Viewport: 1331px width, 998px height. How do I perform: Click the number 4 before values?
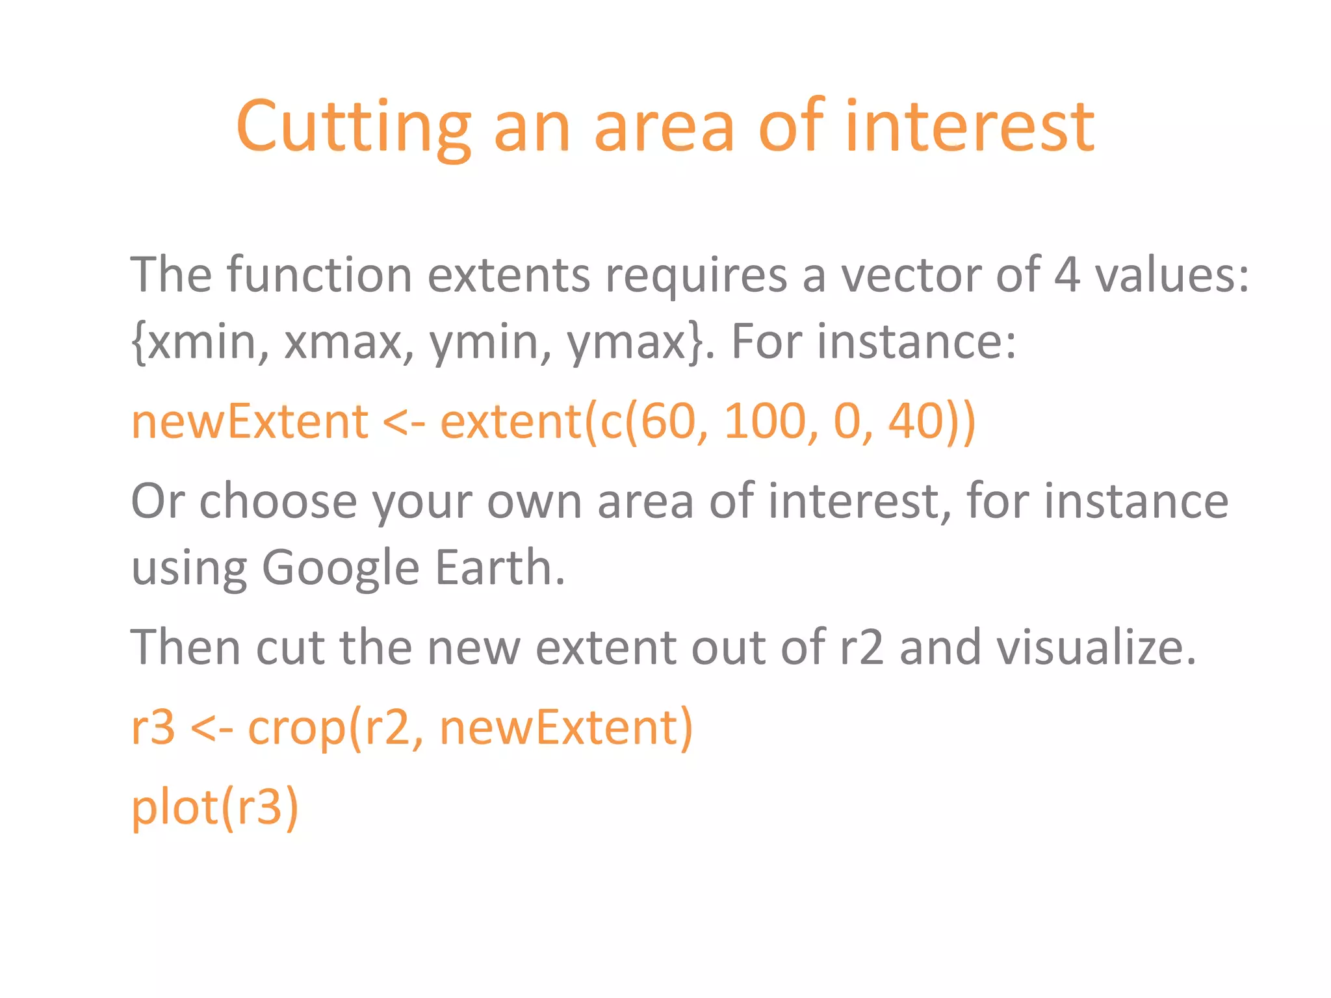tap(1066, 275)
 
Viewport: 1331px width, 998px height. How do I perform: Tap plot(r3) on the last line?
tap(214, 808)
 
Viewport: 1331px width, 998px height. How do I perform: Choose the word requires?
tap(696, 275)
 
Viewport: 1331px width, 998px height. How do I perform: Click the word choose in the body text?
tap(278, 502)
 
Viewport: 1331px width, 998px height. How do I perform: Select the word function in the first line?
tap(319, 275)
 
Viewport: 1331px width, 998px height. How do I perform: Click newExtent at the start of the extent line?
tap(250, 422)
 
